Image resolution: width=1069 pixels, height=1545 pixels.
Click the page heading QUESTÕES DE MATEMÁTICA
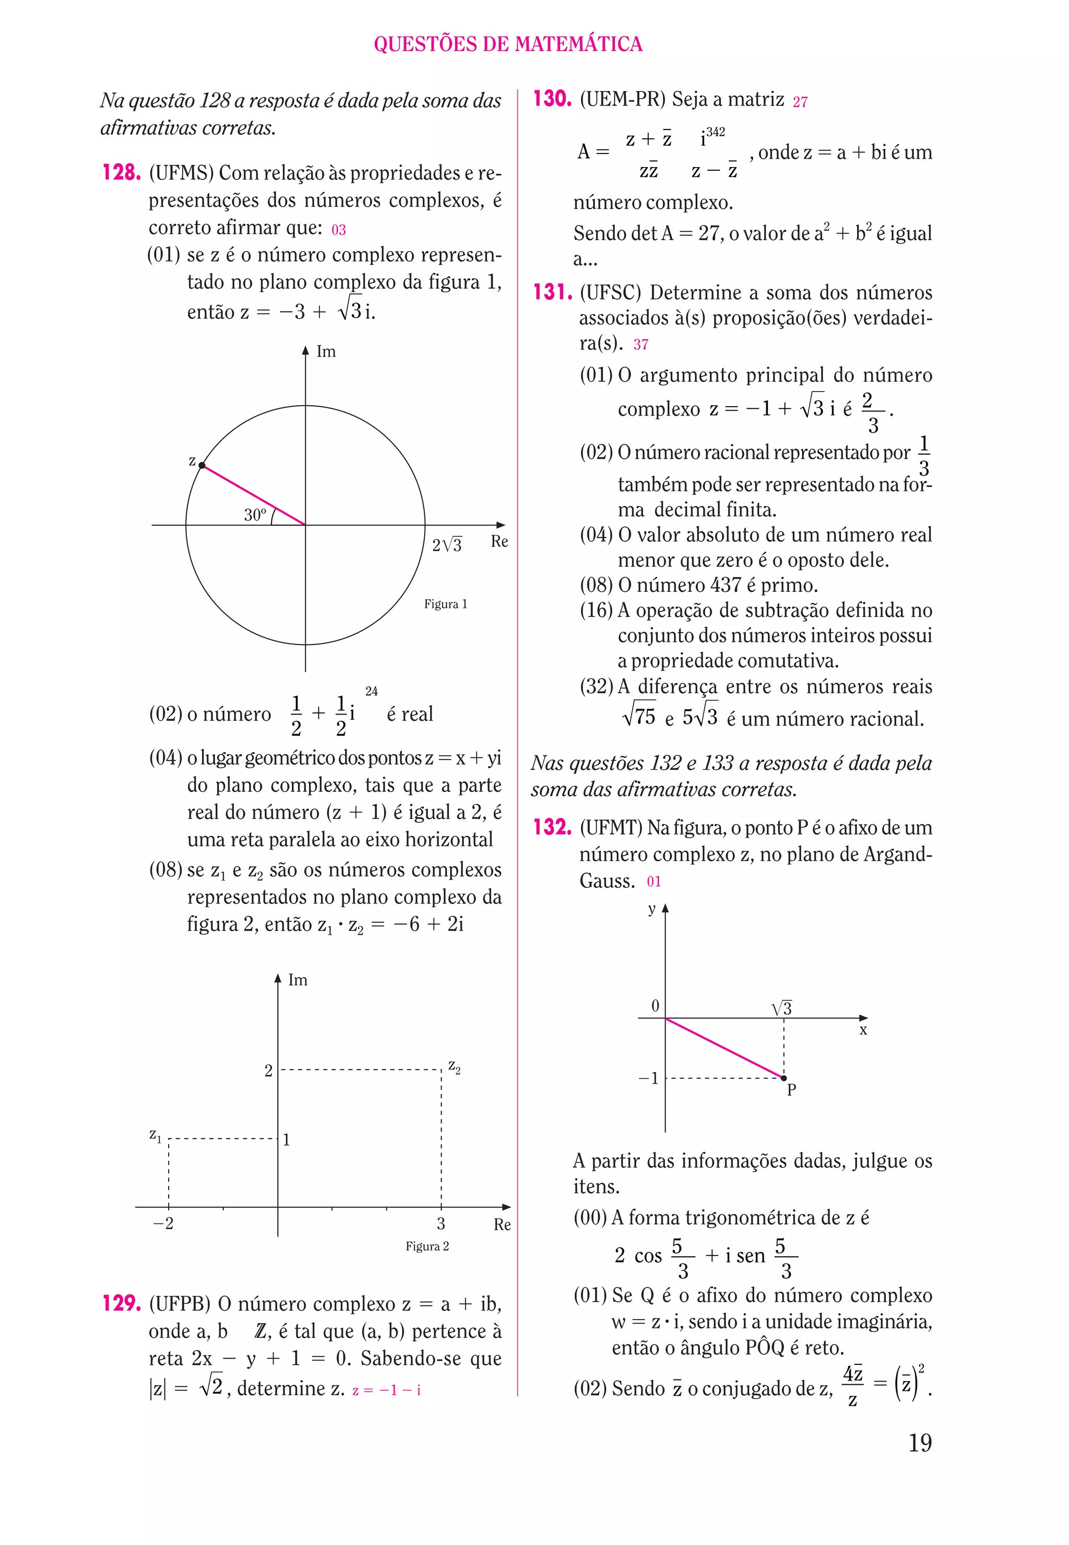[508, 44]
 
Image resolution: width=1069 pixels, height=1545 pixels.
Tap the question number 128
[121, 173]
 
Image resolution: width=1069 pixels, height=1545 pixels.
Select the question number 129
[121, 1303]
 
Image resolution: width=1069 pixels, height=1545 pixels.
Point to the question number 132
[552, 827]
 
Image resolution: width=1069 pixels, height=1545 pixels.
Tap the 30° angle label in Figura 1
[255, 514]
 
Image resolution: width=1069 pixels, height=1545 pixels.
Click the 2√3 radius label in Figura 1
[447, 544]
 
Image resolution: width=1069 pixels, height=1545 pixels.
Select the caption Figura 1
[445, 604]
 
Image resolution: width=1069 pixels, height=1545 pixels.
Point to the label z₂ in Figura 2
[454, 1066]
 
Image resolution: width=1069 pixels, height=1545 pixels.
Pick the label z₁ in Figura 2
[155, 1135]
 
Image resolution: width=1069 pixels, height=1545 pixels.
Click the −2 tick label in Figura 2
[163, 1223]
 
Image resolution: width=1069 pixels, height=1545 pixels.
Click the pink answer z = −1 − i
[386, 1389]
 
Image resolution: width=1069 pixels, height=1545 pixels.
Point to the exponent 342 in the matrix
[715, 133]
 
